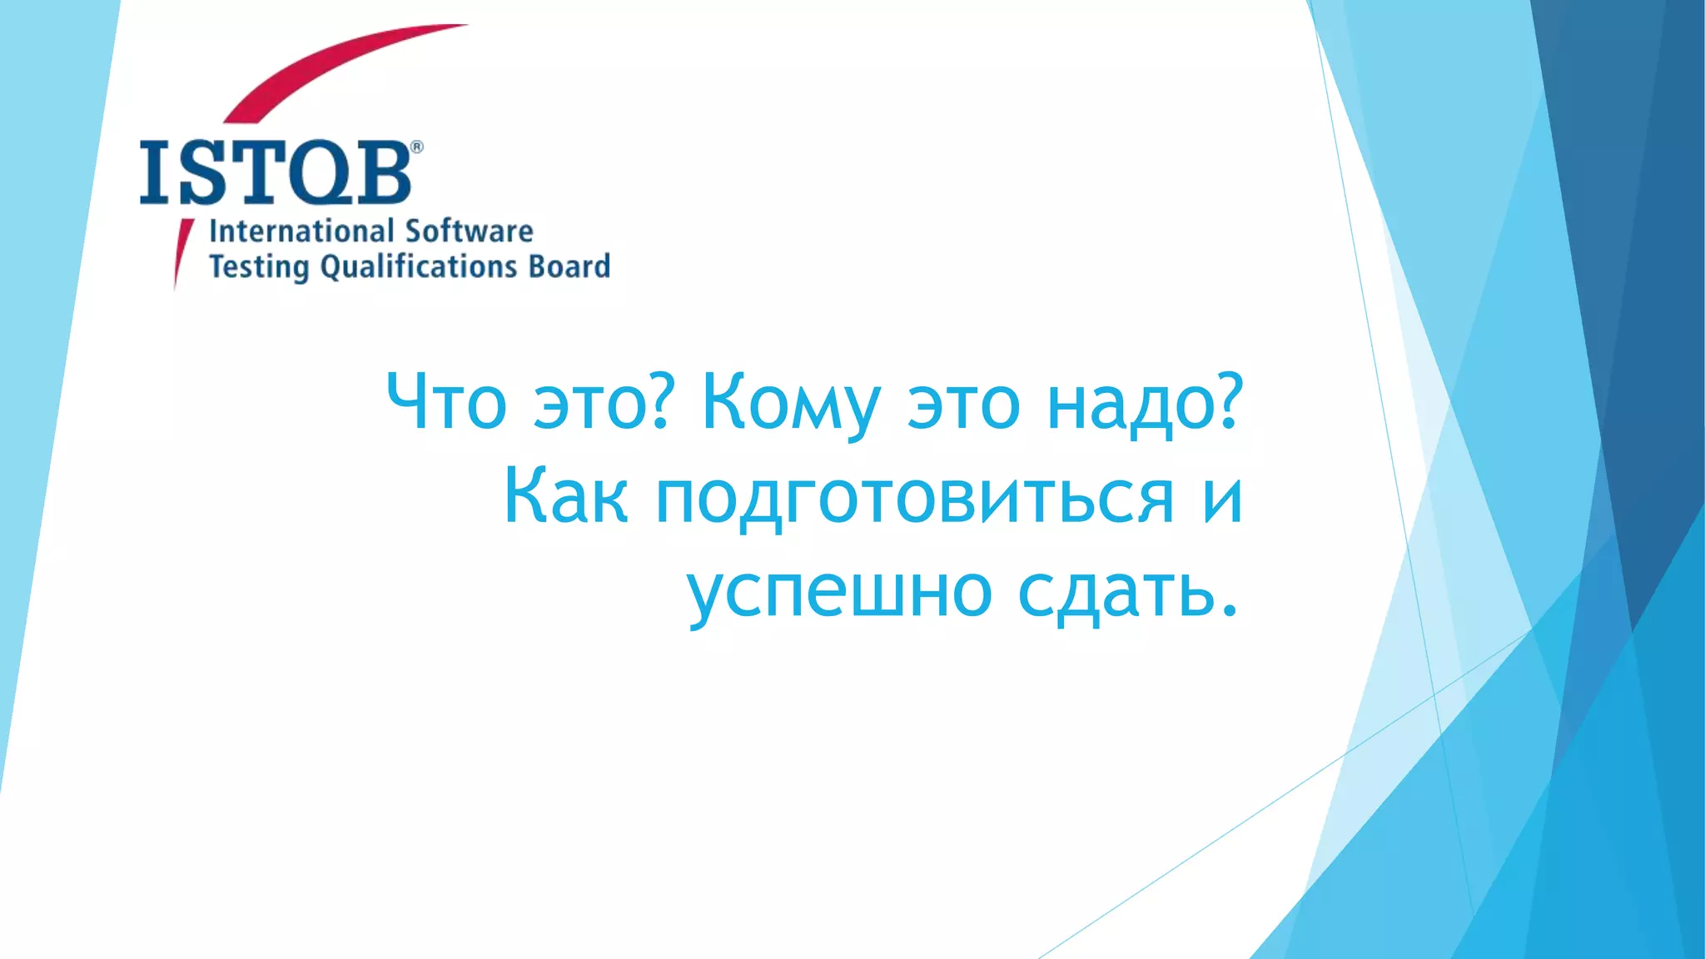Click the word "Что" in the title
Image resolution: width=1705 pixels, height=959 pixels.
point(446,402)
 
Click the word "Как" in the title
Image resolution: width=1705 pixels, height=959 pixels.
point(565,496)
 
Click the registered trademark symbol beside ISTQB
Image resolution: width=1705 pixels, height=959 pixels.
point(417,147)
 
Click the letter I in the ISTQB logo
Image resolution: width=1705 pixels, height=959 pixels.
point(155,172)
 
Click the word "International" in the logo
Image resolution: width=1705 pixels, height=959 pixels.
point(301,231)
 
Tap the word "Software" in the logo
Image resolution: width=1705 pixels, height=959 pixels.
point(469,231)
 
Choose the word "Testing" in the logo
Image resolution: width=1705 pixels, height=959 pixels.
point(258,267)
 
